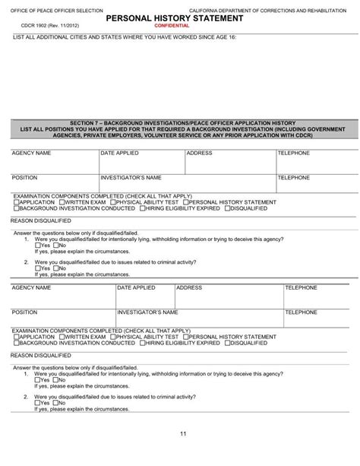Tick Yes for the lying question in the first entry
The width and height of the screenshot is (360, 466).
(x=37, y=246)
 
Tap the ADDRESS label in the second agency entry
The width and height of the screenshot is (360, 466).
(x=189, y=289)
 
